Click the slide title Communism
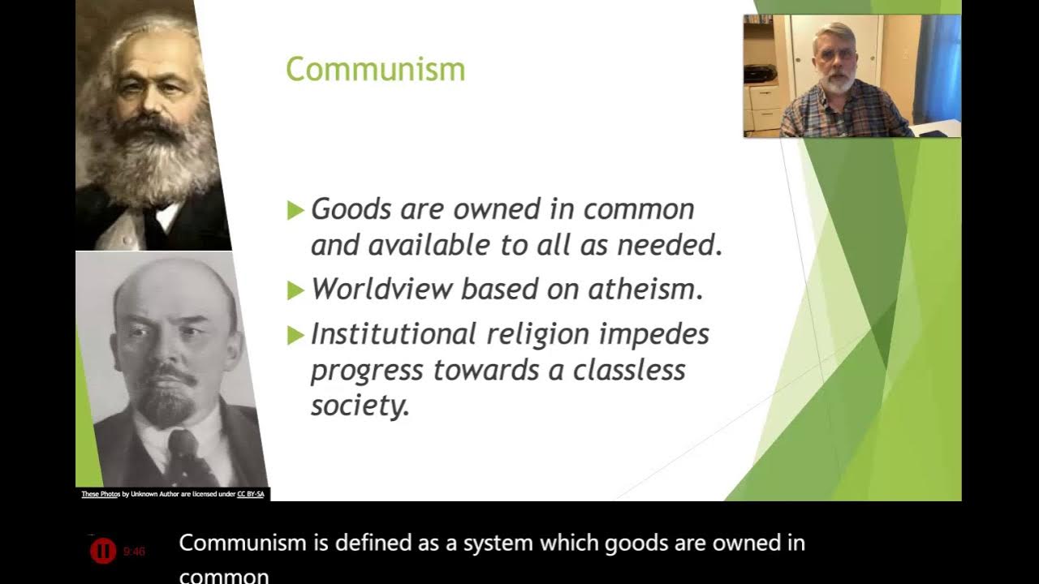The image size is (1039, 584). coord(375,70)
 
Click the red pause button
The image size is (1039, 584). coord(103,552)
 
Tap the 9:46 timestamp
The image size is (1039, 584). coord(134,552)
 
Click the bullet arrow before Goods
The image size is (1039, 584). coord(295,211)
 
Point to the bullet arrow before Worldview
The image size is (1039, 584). coord(295,290)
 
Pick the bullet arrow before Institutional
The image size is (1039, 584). coord(295,334)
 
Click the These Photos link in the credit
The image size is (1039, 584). coord(101,494)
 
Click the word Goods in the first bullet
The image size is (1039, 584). coord(351,209)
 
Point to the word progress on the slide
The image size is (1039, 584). coord(367,371)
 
